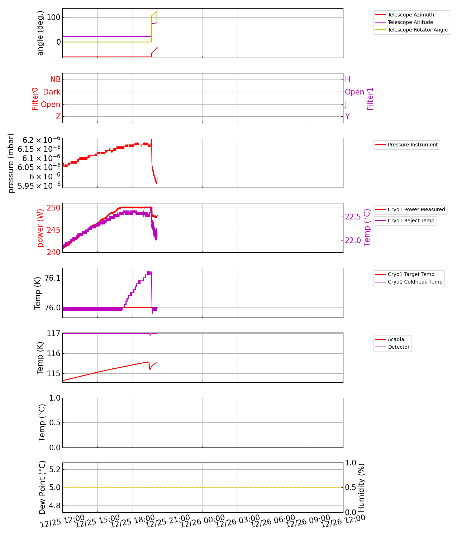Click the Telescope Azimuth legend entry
click(x=411, y=15)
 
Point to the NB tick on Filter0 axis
click(x=55, y=79)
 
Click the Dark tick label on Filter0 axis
click(x=52, y=92)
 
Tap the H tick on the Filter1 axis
click(x=347, y=79)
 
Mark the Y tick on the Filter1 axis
click(x=347, y=117)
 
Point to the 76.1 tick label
click(x=52, y=278)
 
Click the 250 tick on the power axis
click(x=54, y=208)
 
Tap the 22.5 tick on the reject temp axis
click(x=353, y=217)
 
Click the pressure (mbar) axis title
click(x=11, y=163)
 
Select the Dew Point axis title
click(x=42, y=488)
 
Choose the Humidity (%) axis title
click(x=361, y=488)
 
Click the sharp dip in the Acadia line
click(x=149, y=369)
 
